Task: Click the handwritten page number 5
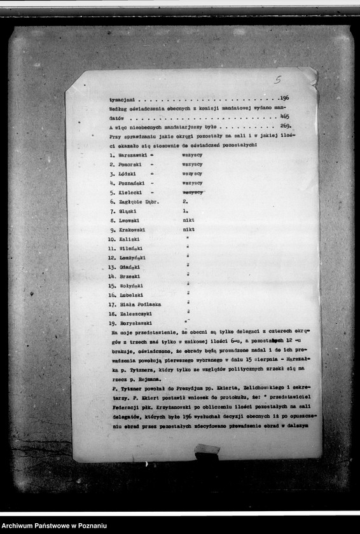click(277, 79)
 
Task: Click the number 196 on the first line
click(284, 98)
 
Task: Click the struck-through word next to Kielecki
click(192, 192)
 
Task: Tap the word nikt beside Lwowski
click(188, 220)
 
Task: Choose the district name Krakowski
click(132, 229)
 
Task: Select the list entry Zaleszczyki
click(135, 314)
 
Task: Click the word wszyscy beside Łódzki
click(192, 174)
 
